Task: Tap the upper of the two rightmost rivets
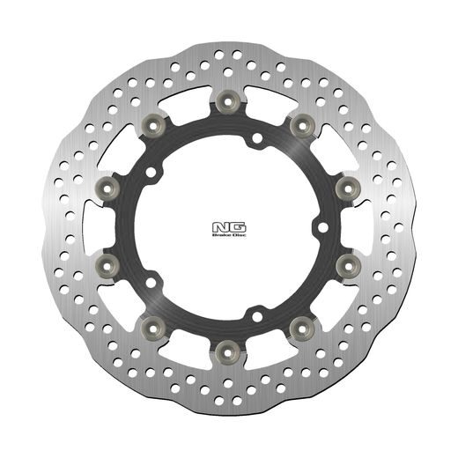click(346, 186)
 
